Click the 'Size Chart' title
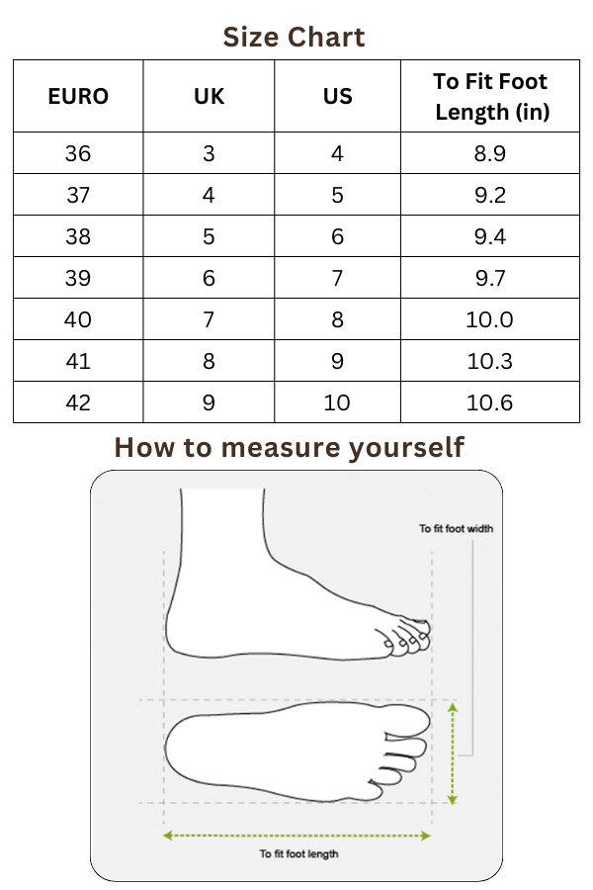[294, 38]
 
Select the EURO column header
[78, 96]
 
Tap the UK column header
[209, 96]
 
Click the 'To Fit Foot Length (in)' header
[490, 97]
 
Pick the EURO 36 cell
[78, 153]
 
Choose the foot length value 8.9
[490, 153]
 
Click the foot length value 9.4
[490, 236]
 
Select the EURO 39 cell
[78, 278]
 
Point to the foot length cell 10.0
[489, 319]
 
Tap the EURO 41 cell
[78, 361]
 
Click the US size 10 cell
[336, 402]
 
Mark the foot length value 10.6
[489, 402]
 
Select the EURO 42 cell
[78, 402]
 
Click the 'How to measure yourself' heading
[290, 447]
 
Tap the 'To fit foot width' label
[456, 528]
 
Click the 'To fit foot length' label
[298, 853]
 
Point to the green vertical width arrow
[453, 754]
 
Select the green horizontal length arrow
[296, 836]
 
